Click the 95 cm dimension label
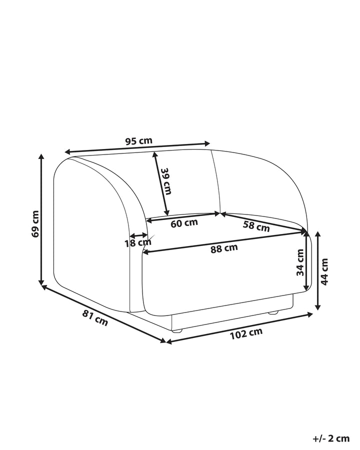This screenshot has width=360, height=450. pyautogui.click(x=138, y=141)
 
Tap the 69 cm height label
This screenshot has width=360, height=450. pyautogui.click(x=35, y=224)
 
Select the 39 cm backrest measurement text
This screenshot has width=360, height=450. pyautogui.click(x=166, y=181)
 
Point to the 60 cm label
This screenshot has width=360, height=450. pyautogui.click(x=184, y=223)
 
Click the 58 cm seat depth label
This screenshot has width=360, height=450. pyautogui.click(x=256, y=226)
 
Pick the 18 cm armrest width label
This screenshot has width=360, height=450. pyautogui.click(x=138, y=243)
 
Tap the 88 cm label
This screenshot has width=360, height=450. pyautogui.click(x=224, y=248)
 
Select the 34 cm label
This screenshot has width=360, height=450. pyautogui.click(x=300, y=262)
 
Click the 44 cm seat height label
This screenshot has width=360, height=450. pyautogui.click(x=324, y=271)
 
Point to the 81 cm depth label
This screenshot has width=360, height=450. pyautogui.click(x=95, y=318)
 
